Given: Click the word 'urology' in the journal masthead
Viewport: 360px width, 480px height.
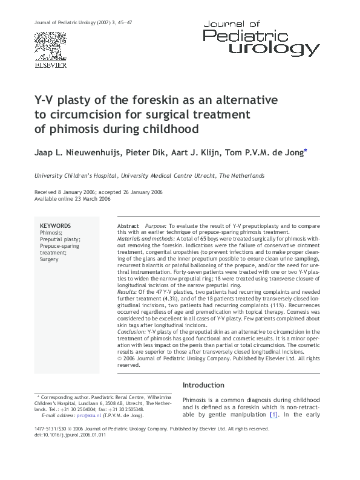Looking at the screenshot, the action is [279, 48].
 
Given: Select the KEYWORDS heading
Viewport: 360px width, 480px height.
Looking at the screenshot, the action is [55, 225].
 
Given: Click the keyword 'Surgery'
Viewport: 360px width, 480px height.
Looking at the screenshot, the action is [50, 258].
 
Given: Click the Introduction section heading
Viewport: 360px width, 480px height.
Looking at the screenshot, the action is [204, 385].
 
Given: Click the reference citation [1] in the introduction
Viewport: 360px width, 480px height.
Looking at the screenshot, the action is [273, 414].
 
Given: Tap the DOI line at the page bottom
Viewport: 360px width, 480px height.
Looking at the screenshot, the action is [67, 435].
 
